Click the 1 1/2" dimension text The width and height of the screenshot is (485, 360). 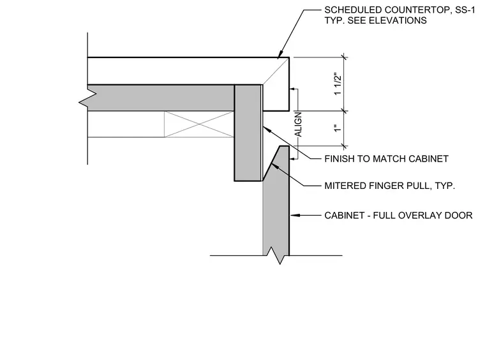click(x=338, y=84)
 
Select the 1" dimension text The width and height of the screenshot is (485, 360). click(x=338, y=128)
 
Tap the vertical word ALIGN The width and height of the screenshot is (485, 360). click(x=298, y=124)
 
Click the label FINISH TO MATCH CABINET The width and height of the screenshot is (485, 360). click(x=386, y=159)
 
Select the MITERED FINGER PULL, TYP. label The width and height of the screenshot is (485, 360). click(x=390, y=186)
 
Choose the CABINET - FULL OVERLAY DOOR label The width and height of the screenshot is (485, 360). click(x=398, y=215)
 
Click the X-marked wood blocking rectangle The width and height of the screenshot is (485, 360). click(x=199, y=124)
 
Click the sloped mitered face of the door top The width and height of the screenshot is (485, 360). click(x=271, y=163)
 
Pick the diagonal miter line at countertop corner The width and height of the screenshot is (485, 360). click(x=275, y=71)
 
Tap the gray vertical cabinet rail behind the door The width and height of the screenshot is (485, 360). click(x=248, y=133)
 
